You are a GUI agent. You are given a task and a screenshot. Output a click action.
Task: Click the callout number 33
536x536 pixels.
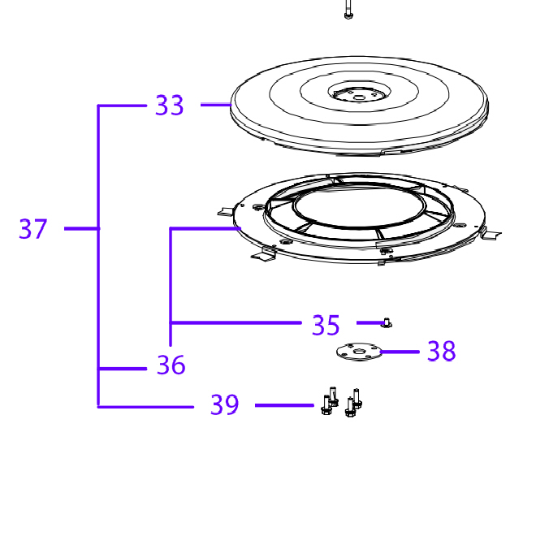pyautogui.click(x=169, y=106)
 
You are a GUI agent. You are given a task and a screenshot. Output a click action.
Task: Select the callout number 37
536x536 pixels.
pyautogui.click(x=32, y=229)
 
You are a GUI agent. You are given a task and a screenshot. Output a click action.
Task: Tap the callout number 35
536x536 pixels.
pyautogui.click(x=326, y=325)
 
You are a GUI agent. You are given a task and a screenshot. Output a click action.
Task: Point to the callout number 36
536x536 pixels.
pyautogui.click(x=171, y=365)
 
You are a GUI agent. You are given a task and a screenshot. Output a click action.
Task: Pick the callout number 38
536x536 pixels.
pyautogui.click(x=441, y=351)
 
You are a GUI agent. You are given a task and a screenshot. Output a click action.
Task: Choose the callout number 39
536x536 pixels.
pyautogui.click(x=224, y=404)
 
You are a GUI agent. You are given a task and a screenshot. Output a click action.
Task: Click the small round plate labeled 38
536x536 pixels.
pyautogui.click(x=359, y=352)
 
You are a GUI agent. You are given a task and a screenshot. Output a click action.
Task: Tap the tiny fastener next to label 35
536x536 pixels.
pyautogui.click(x=387, y=322)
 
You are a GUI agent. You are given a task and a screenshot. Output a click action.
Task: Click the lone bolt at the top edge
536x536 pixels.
pyautogui.click(x=348, y=9)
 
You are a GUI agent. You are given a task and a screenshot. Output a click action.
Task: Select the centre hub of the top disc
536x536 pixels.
pyautogui.click(x=359, y=93)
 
